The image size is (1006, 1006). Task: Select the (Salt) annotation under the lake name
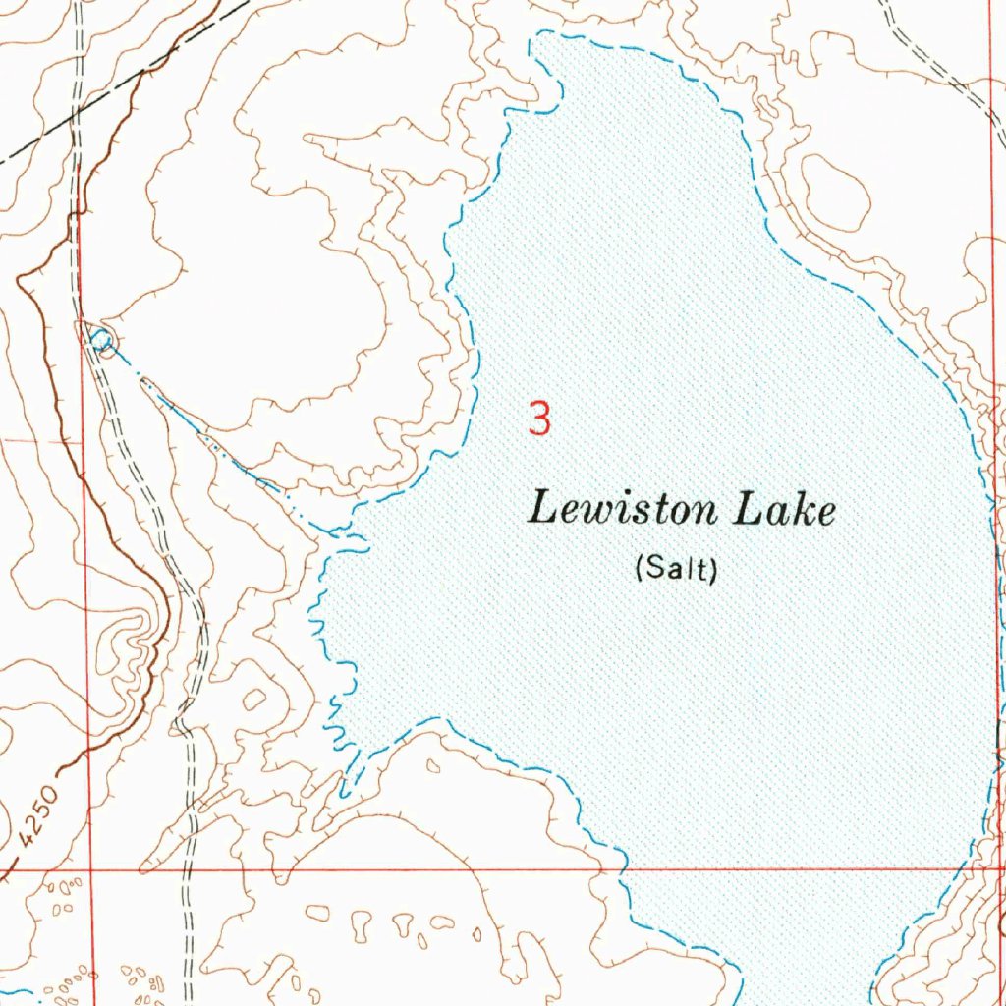pos(676,568)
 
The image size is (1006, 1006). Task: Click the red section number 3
pos(539,419)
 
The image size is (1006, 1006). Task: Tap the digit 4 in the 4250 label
pos(25,840)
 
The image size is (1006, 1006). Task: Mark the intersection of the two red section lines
pos(90,869)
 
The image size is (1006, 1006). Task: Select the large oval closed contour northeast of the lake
pos(835,191)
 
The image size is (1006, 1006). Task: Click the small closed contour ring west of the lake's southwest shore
pos(254,699)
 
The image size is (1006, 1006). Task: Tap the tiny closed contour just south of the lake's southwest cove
pos(433,765)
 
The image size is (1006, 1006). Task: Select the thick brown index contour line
pos(59,393)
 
